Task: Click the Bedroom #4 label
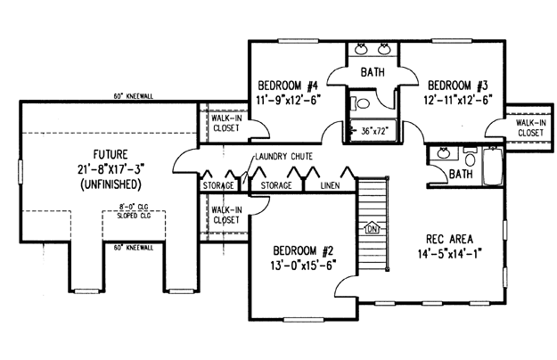(288, 86)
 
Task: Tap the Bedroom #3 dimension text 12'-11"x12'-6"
(457, 100)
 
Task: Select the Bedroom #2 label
(303, 251)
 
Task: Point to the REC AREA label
(449, 239)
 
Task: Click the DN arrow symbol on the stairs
(373, 229)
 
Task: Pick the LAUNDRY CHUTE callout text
(283, 156)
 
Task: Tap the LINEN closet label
(330, 185)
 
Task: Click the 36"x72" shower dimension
(373, 131)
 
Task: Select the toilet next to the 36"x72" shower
(360, 103)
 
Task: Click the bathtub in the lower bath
(492, 166)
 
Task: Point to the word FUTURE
(111, 155)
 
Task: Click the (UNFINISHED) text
(111, 184)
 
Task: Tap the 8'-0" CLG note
(134, 206)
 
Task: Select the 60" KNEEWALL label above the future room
(134, 96)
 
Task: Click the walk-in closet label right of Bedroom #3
(531, 127)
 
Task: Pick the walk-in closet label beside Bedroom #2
(226, 215)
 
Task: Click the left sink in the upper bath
(361, 49)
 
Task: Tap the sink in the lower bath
(442, 153)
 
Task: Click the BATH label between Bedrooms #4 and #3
(373, 72)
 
